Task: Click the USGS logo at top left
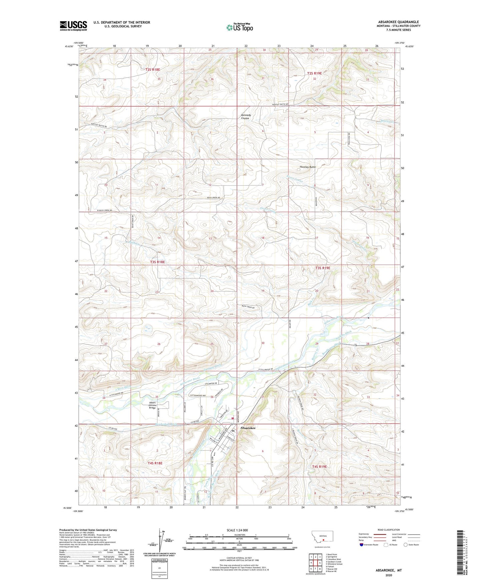pyautogui.click(x=73, y=26)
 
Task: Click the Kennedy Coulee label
pyautogui.click(x=246, y=117)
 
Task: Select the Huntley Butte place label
pyautogui.click(x=307, y=167)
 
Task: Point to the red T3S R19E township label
pyautogui.click(x=323, y=268)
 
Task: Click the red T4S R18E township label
pyautogui.click(x=155, y=463)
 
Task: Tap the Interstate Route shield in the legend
pyautogui.click(x=362, y=545)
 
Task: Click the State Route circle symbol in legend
pyautogui.click(x=405, y=545)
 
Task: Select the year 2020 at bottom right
pyautogui.click(x=389, y=575)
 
